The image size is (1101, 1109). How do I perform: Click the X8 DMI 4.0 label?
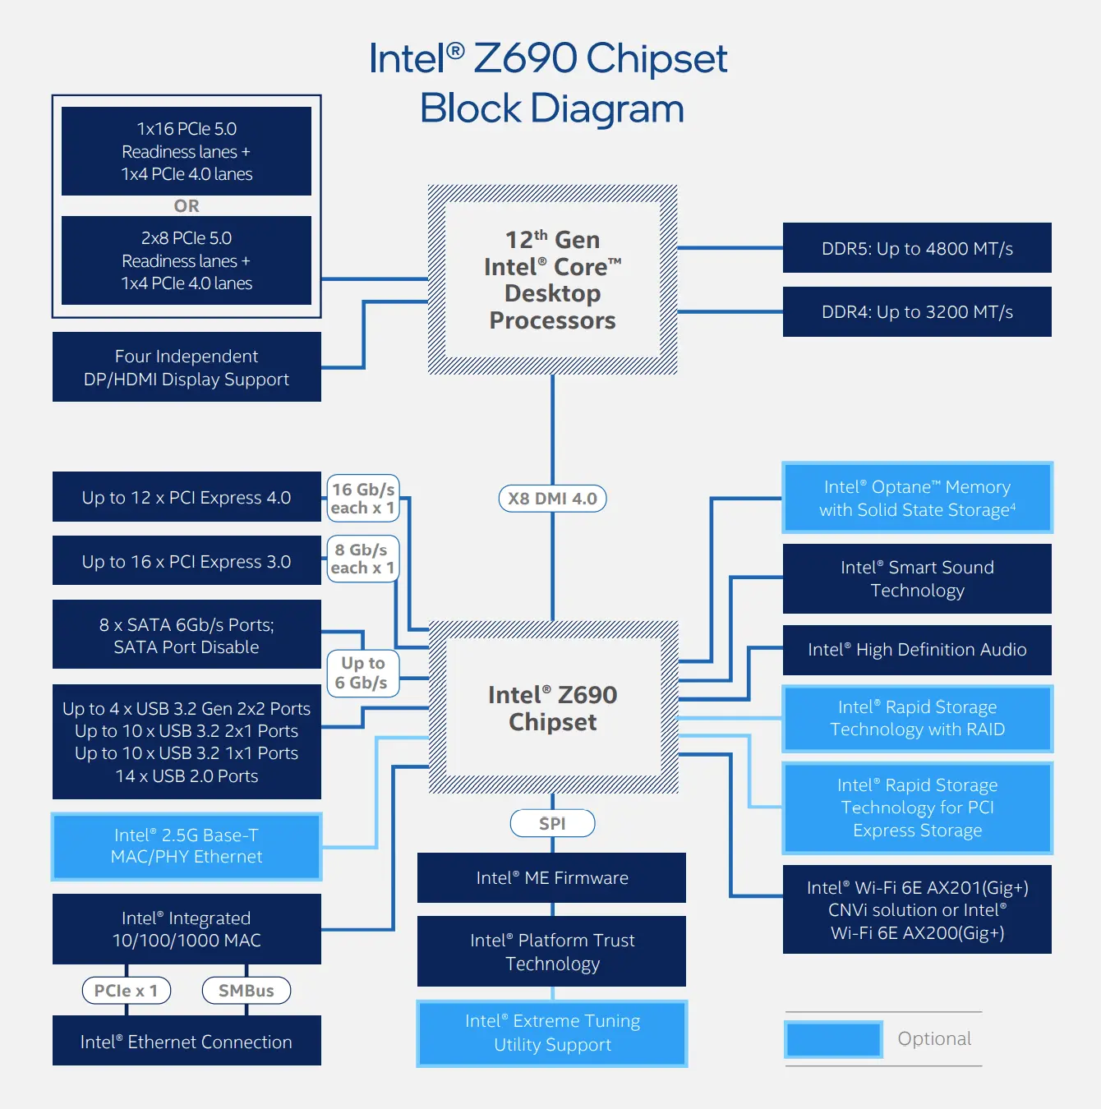pos(552,499)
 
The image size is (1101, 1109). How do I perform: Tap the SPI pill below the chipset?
pos(552,823)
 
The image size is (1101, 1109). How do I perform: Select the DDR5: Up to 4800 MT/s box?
pos(917,248)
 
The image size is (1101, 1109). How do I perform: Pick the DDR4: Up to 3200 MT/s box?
pos(917,312)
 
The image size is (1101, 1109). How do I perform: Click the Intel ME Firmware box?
pos(551,877)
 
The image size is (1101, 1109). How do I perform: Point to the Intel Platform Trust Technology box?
pos(551,951)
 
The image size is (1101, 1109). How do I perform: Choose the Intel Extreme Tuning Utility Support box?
pos(551,1033)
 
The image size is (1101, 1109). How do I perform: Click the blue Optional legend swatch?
pos(833,1039)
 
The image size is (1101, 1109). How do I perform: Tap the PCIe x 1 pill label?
pos(126,991)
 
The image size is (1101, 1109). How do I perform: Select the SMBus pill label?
pos(246,991)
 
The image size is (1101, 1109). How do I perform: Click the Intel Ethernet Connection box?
pos(187,1042)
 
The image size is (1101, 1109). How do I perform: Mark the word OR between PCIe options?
pos(187,205)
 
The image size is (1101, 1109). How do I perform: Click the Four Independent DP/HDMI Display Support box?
pos(187,367)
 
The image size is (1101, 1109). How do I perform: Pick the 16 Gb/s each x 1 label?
pos(362,499)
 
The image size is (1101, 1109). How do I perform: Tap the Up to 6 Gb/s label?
pos(362,673)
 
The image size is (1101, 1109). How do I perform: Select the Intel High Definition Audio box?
pos(917,650)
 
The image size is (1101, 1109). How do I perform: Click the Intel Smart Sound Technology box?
pos(917,578)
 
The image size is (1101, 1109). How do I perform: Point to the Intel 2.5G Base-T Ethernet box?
pos(187,846)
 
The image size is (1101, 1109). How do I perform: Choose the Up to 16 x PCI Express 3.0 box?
pos(187,561)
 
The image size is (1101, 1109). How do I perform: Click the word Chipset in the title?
pos(656,58)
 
